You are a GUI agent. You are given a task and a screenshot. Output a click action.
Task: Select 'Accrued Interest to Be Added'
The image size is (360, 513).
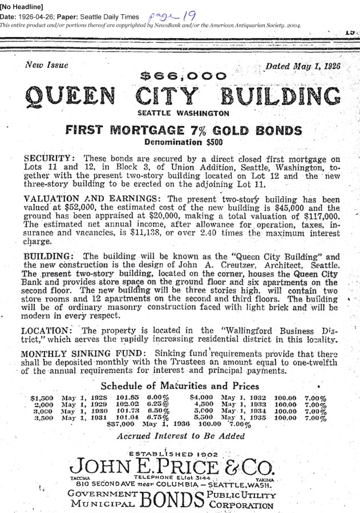[180, 437]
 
